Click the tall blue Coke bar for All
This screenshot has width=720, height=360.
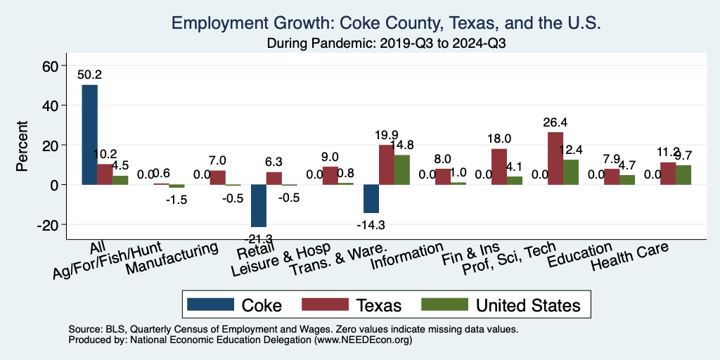[x=89, y=134]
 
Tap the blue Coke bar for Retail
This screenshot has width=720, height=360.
[x=258, y=205]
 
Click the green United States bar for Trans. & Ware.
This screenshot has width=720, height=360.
[x=401, y=169]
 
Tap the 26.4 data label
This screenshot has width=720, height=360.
[x=555, y=122]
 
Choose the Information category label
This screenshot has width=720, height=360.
[x=408, y=257]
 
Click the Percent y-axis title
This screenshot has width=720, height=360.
[x=22, y=146]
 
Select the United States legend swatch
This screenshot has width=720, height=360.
[x=444, y=304]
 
